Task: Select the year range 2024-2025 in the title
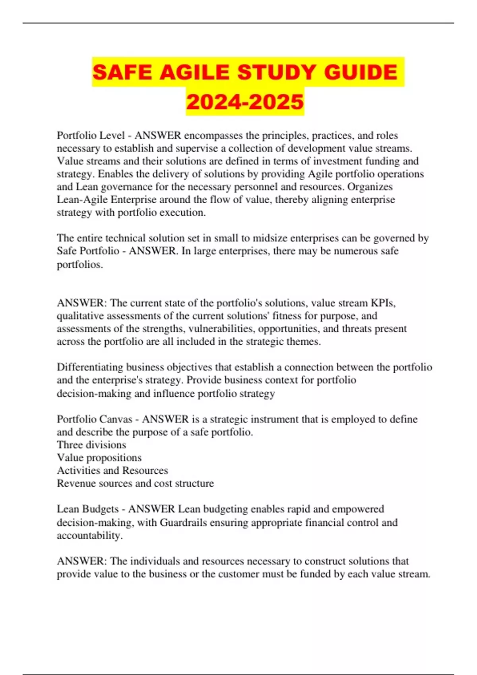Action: [245, 102]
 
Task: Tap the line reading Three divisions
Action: [91, 445]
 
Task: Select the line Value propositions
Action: [99, 457]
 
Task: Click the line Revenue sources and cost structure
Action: [135, 483]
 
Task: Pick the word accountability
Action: [89, 535]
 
